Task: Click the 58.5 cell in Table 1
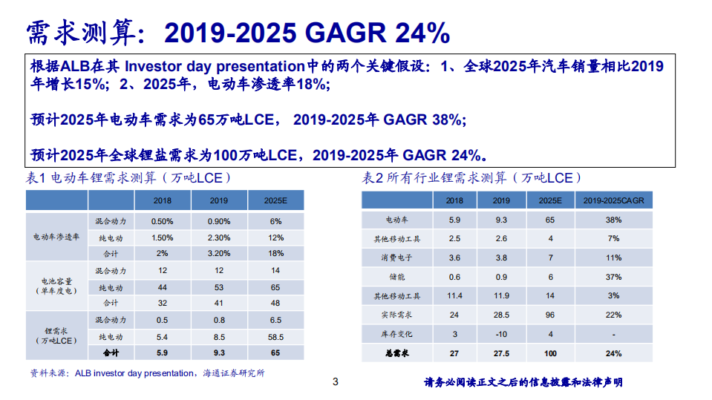pyautogui.click(x=275, y=336)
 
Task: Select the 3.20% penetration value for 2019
pyautogui.click(x=219, y=254)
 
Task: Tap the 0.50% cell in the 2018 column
pyautogui.click(x=162, y=221)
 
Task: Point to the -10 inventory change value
pyautogui.click(x=501, y=335)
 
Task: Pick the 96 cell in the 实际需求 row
pyautogui.click(x=550, y=315)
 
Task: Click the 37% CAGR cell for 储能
pyautogui.click(x=613, y=277)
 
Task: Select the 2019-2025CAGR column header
pyautogui.click(x=613, y=200)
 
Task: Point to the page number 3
pyautogui.click(x=335, y=382)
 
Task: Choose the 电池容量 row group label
pyautogui.click(x=56, y=286)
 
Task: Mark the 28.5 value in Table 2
pyautogui.click(x=501, y=315)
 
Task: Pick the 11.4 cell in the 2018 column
pyautogui.click(x=455, y=296)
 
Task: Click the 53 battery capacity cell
pyautogui.click(x=219, y=286)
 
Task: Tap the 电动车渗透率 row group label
pyautogui.click(x=56, y=237)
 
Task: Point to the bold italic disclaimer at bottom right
pyautogui.click(x=523, y=382)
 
